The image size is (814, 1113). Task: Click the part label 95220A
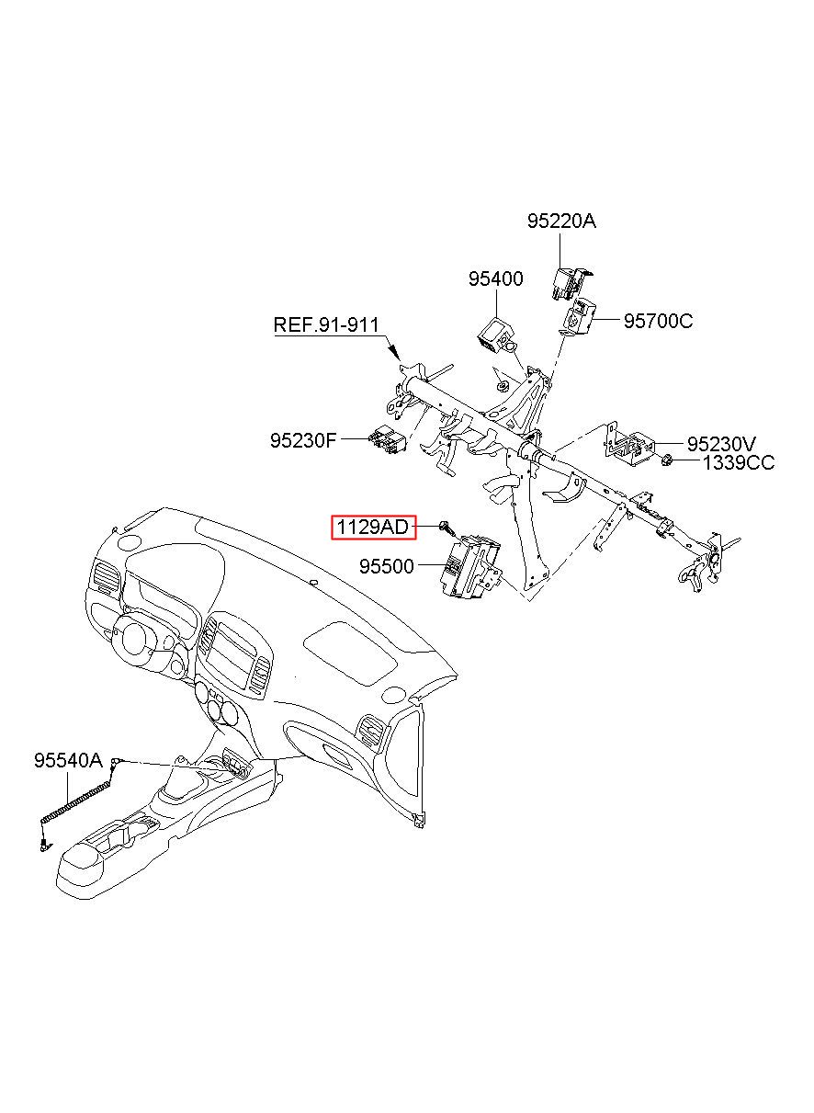(x=561, y=221)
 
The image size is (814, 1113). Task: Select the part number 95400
(x=495, y=278)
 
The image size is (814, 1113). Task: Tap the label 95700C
(x=658, y=321)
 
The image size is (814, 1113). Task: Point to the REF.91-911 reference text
(x=326, y=325)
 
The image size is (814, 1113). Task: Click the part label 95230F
(x=303, y=440)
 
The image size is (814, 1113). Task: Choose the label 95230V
(x=721, y=444)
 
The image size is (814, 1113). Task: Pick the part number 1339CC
(x=738, y=463)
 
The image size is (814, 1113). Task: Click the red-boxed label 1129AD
(x=373, y=528)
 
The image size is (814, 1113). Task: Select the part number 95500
(x=387, y=566)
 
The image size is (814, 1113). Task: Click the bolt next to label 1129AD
(x=446, y=528)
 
